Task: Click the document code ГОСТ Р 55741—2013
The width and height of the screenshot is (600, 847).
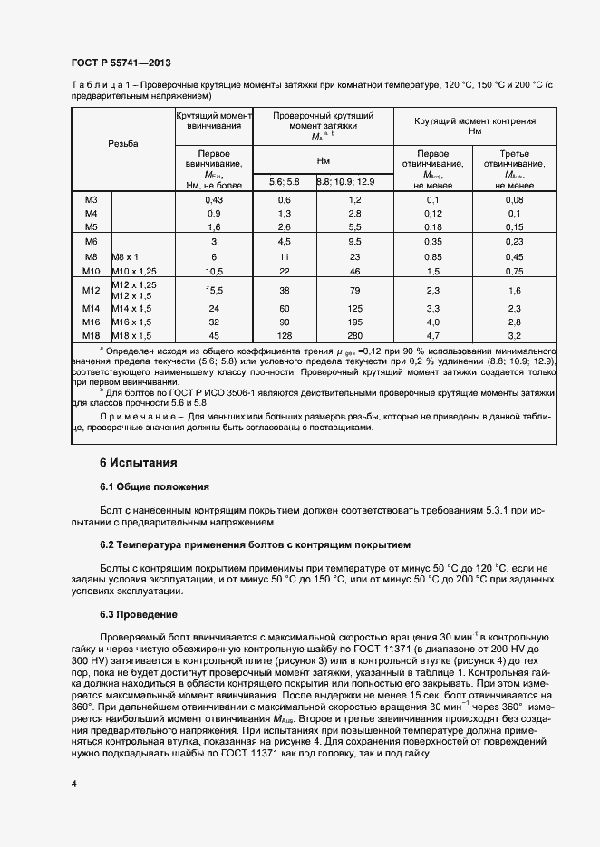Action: pyautogui.click(x=120, y=63)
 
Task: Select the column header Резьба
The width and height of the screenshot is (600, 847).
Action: pyautogui.click(x=123, y=145)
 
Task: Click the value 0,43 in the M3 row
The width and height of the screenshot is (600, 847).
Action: pyautogui.click(x=214, y=199)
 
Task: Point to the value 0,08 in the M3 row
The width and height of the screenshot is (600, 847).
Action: pyautogui.click(x=515, y=199)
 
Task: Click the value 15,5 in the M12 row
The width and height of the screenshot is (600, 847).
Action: pyautogui.click(x=214, y=290)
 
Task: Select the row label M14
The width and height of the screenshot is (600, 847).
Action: pyautogui.click(x=91, y=308)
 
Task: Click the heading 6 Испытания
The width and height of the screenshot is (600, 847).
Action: pyautogui.click(x=138, y=463)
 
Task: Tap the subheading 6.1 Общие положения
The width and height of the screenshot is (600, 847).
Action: pyautogui.click(x=154, y=486)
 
